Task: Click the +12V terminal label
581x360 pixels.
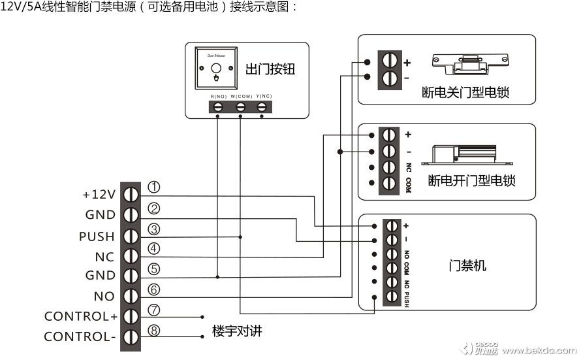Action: click(x=99, y=195)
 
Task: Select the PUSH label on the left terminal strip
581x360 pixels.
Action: click(x=97, y=236)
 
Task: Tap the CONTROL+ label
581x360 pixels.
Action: click(x=81, y=316)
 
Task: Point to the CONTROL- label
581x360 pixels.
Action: click(x=81, y=337)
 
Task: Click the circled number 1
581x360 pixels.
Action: click(x=154, y=188)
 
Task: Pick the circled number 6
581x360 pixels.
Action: click(x=154, y=289)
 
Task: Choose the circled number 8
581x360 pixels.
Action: click(x=154, y=331)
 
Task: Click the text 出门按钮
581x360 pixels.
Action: click(x=270, y=69)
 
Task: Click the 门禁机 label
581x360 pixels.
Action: click(x=467, y=266)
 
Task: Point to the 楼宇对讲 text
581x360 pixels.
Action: click(x=237, y=331)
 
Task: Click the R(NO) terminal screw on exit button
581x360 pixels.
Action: click(x=219, y=106)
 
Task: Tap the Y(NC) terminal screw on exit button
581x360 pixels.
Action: click(x=263, y=106)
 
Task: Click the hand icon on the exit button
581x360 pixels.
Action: click(x=217, y=78)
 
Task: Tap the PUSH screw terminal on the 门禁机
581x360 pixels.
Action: click(x=392, y=297)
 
